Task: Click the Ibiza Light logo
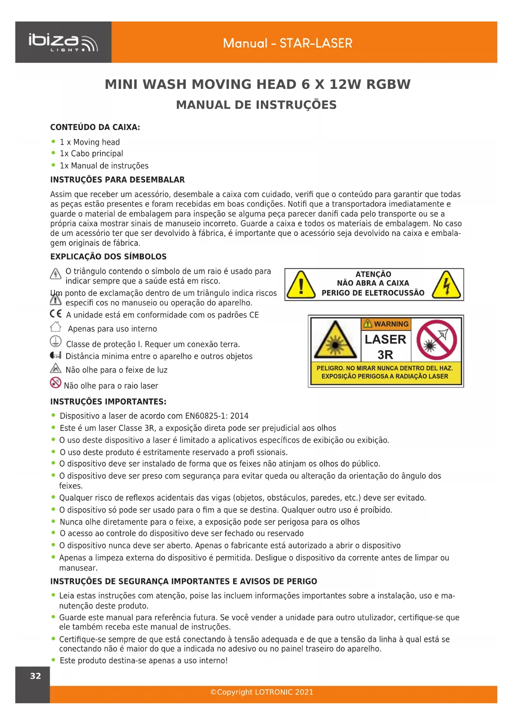click(x=63, y=43)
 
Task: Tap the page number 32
click(x=36, y=676)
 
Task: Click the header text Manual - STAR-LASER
click(x=287, y=43)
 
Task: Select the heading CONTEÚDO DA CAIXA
click(x=95, y=127)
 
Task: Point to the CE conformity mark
click(x=56, y=314)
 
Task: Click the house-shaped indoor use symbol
click(x=56, y=327)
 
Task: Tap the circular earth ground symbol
click(x=56, y=342)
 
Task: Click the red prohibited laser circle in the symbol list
click(x=55, y=383)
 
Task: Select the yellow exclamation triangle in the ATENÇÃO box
click(x=301, y=285)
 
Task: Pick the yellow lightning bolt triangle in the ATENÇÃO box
click(x=446, y=285)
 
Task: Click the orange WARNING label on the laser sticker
click(x=387, y=324)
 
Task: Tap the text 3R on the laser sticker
click(x=385, y=355)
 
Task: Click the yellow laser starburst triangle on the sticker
click(x=335, y=341)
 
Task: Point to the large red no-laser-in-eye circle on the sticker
click(x=437, y=340)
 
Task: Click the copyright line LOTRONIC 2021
click(x=262, y=692)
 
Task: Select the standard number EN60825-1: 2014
click(x=217, y=416)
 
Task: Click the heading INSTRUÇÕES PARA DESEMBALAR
click(x=117, y=180)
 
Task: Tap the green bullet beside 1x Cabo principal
click(x=53, y=153)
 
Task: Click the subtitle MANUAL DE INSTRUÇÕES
click(x=256, y=105)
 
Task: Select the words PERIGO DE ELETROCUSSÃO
click(x=373, y=293)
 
